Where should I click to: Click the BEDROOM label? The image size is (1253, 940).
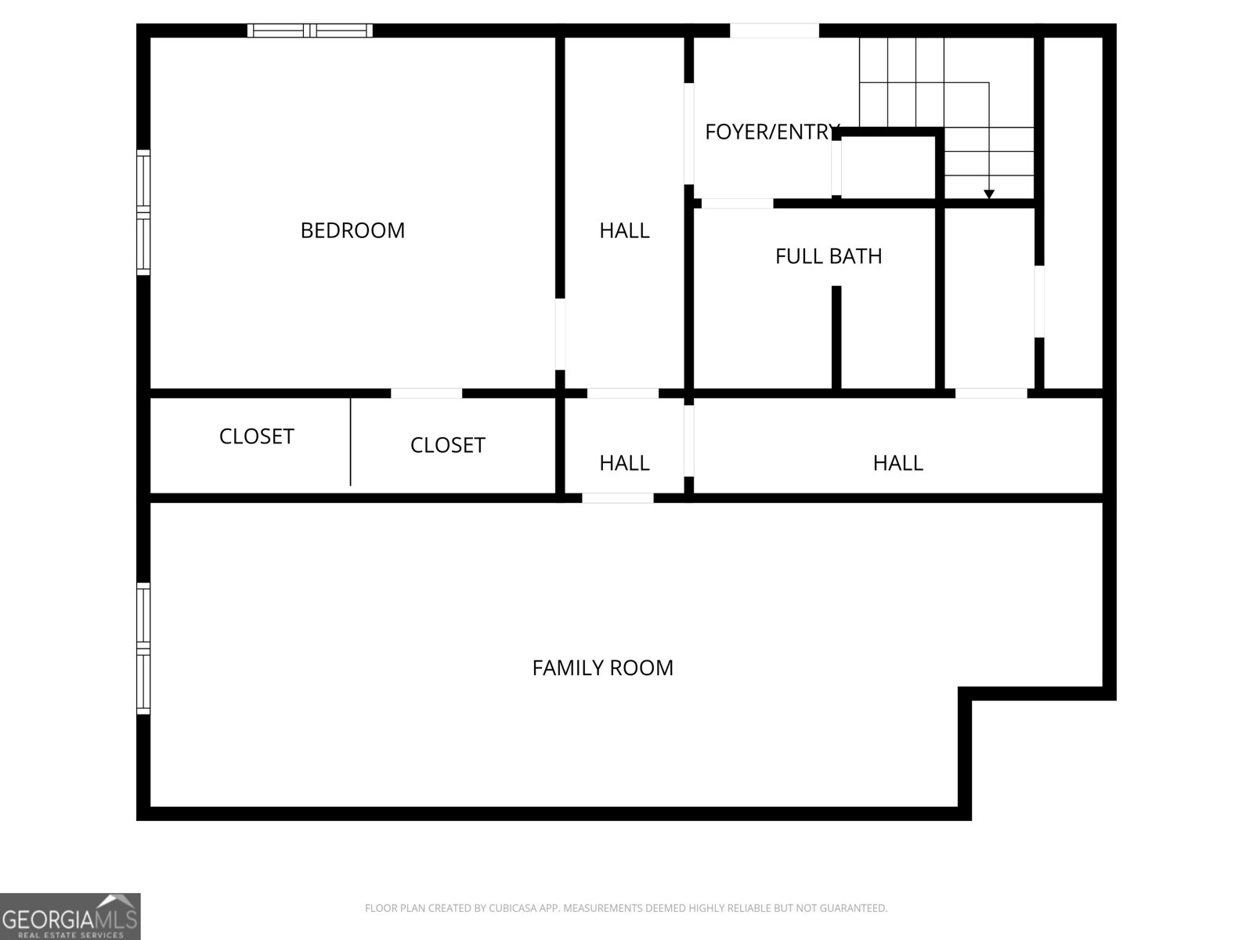pos(352,230)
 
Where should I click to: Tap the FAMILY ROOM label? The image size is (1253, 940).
pos(602,667)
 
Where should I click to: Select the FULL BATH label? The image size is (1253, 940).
pos(829,256)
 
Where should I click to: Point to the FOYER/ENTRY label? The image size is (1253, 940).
pos(771,132)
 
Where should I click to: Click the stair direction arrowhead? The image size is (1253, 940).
pos(989,193)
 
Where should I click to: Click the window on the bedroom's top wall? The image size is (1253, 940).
pos(310,31)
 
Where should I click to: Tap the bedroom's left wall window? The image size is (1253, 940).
pos(143,212)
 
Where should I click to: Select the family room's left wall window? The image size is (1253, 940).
pos(143,648)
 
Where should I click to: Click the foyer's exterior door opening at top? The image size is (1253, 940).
pos(775,31)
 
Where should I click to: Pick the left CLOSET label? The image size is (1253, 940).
pos(256,436)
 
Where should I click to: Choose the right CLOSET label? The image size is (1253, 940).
pos(447,445)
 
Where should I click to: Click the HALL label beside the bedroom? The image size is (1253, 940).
pos(624,230)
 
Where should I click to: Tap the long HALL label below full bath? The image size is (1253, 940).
pos(897,463)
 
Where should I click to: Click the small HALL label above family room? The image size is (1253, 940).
pos(624,463)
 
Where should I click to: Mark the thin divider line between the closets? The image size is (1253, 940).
pos(350,443)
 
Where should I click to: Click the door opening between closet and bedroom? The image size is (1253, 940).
pos(426,393)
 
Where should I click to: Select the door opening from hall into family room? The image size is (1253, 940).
pos(617,498)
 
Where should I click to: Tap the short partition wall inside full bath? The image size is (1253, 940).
pos(836,337)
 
